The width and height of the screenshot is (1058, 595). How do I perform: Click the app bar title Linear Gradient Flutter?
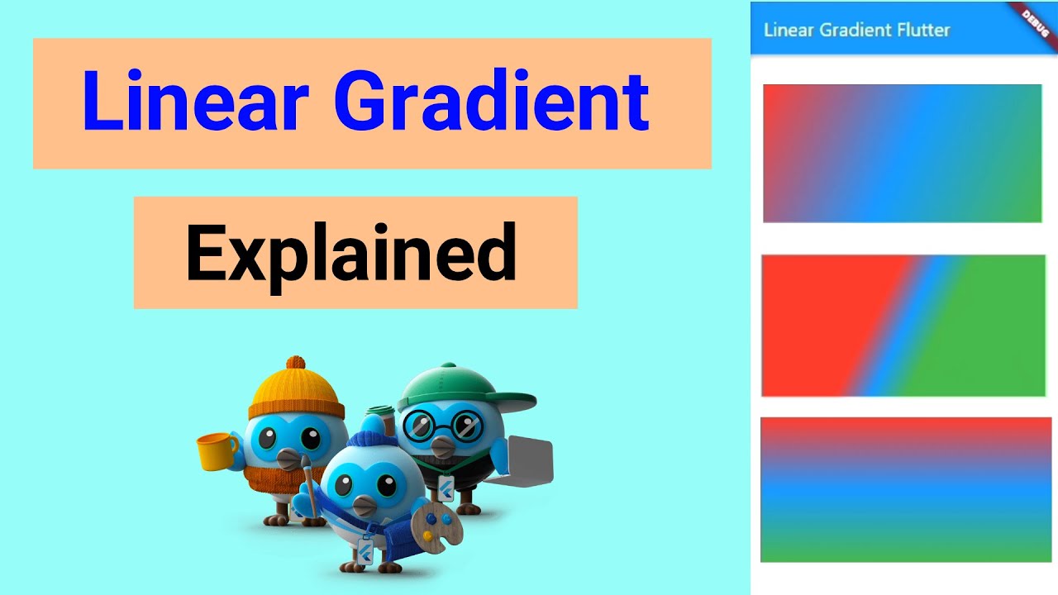coord(856,31)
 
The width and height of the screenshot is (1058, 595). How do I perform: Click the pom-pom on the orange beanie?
coord(295,364)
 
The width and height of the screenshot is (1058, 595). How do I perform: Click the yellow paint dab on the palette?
coord(428,535)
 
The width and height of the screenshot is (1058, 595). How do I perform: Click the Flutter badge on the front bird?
coord(364,551)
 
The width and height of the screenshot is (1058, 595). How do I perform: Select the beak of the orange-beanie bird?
coord(288,457)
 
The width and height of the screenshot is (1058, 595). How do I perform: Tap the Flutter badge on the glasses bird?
coord(446,487)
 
